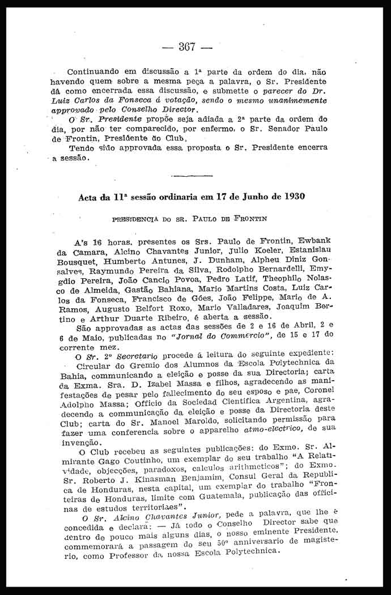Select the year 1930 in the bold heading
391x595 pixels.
click(292, 197)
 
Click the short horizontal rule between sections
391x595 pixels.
click(191, 176)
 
